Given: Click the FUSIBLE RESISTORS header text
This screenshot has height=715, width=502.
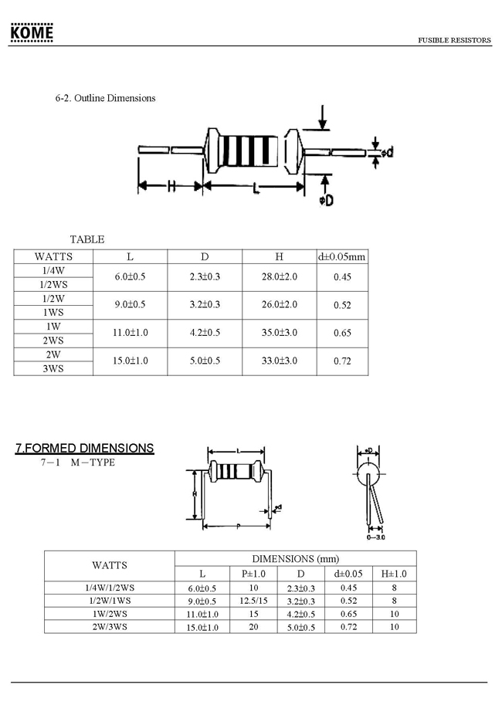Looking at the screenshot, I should [454, 40].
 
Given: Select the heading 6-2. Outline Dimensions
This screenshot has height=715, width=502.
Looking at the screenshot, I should [106, 98].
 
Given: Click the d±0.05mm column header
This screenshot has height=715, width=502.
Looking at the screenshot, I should [342, 256].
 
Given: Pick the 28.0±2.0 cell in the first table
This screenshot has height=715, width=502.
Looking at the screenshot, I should [279, 276].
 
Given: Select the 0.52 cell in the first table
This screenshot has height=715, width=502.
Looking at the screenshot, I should [342, 305].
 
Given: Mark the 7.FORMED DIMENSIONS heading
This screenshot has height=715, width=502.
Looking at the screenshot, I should [85, 448].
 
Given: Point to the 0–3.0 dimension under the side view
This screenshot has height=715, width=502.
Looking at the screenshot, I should [375, 536].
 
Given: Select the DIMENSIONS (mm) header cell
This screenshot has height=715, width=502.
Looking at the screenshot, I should [295, 558].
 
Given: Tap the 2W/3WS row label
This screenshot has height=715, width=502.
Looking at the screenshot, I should [109, 626].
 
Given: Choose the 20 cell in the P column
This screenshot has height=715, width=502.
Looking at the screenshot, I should [253, 626].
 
